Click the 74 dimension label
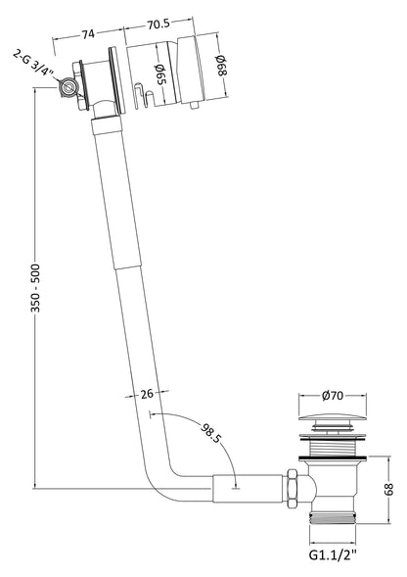[87, 33]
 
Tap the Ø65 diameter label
[159, 76]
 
